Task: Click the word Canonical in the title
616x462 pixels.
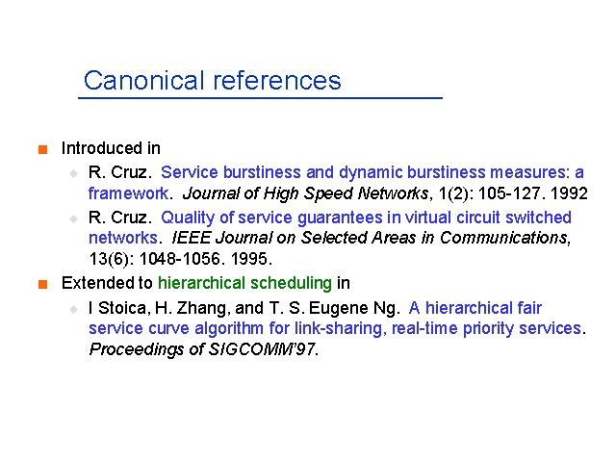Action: [144, 80]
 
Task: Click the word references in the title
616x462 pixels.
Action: [277, 80]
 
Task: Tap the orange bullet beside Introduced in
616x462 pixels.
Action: [42, 150]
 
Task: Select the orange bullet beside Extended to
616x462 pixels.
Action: [42, 284]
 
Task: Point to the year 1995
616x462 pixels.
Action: [249, 259]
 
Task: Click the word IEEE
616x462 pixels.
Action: [192, 238]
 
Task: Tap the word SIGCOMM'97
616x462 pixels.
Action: [262, 348]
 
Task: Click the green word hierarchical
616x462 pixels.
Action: [201, 283]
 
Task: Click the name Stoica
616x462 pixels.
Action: [122, 308]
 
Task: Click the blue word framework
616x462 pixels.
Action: [128, 193]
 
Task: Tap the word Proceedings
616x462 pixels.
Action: [137, 349]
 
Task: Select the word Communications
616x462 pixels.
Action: [503, 238]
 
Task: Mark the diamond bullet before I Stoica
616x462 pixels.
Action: [73, 310]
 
